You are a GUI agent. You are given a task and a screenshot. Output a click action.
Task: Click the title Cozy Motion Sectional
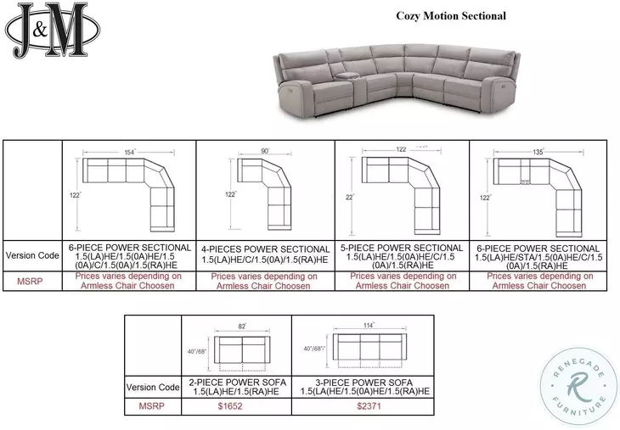(450, 15)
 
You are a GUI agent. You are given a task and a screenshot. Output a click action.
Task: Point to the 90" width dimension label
(264, 151)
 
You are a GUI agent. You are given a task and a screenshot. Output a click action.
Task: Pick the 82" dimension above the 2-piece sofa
(241, 326)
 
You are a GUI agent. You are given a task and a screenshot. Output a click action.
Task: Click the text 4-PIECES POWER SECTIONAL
(264, 249)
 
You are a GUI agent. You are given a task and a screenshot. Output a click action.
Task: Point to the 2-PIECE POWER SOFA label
(237, 382)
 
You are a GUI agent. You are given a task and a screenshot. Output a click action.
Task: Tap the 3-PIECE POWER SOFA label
(362, 382)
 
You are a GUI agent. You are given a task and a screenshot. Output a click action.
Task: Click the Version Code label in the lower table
(153, 387)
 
